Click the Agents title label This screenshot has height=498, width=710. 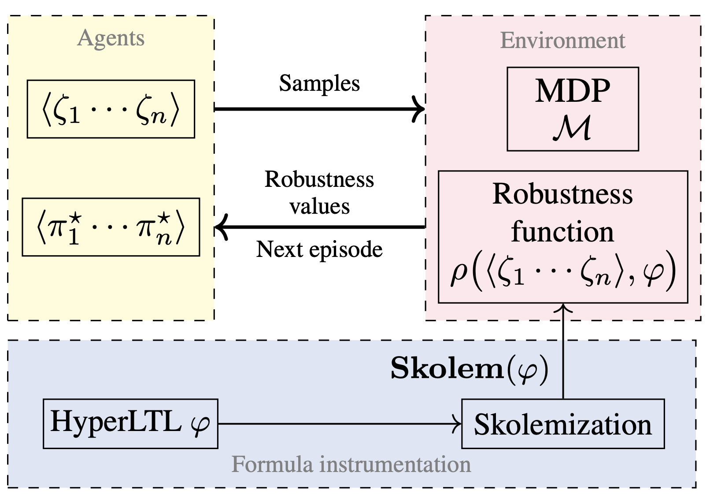click(x=111, y=38)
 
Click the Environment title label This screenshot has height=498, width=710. click(x=562, y=41)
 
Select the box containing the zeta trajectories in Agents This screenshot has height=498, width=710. click(x=111, y=109)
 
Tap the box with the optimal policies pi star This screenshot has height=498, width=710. click(x=111, y=227)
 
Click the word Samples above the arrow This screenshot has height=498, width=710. click(x=319, y=83)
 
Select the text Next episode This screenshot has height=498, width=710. click(x=319, y=249)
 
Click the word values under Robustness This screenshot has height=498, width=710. click(x=319, y=206)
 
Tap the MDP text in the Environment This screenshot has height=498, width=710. click(x=573, y=91)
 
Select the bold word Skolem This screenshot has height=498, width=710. click(x=447, y=368)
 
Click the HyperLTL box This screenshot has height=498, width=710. click(x=130, y=424)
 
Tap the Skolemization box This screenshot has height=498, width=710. click(x=562, y=424)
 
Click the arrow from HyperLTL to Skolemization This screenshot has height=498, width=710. click(x=339, y=424)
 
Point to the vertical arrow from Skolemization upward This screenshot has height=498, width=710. click(x=563, y=353)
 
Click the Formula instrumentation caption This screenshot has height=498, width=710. click(x=351, y=465)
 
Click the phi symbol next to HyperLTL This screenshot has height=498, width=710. click(x=200, y=424)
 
